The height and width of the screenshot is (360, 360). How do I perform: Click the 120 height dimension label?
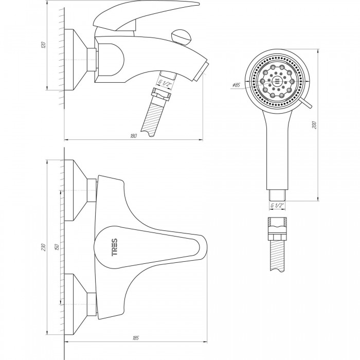(x=44, y=45)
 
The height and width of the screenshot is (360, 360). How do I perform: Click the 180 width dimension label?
(x=133, y=136)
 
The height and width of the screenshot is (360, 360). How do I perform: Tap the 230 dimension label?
(x=44, y=247)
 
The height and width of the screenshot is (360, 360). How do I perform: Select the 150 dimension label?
(x=57, y=247)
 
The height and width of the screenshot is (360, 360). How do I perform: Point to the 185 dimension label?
(x=136, y=338)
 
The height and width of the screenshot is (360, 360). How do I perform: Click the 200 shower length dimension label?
(x=314, y=125)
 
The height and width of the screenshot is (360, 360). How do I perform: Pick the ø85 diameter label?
(x=236, y=85)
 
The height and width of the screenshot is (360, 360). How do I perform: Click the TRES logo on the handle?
(x=114, y=247)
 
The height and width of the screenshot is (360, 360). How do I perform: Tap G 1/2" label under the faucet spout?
(x=165, y=83)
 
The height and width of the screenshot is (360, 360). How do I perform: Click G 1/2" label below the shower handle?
(x=277, y=205)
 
